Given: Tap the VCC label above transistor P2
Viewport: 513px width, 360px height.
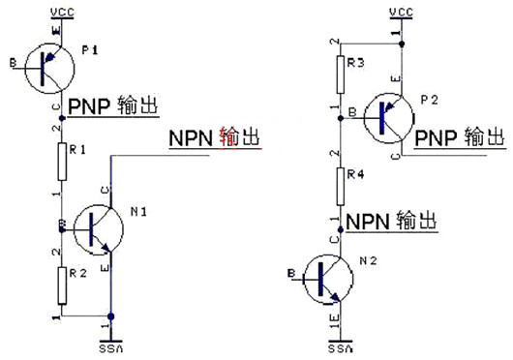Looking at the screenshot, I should click(400, 10).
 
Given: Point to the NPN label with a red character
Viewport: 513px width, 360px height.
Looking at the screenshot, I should click(214, 137).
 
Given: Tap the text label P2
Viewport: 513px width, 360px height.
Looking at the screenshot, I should click(430, 100).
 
